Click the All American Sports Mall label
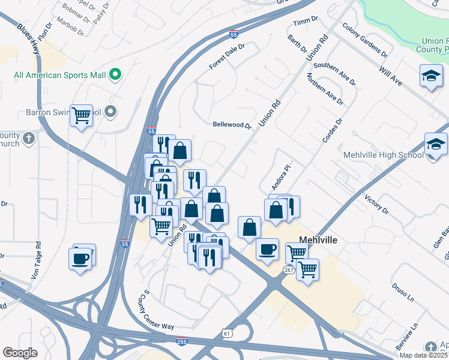pos(59,75)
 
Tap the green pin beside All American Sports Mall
pos(115,75)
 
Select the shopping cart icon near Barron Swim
pos(81,115)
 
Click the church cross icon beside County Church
pos(28,139)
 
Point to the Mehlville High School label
pos(384,155)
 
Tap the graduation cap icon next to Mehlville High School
pos(436,145)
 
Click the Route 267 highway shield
pos(289,271)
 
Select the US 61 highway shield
pos(226,332)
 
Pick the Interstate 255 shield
pos(181,342)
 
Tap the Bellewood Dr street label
pos(232,125)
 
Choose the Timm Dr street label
pos(304,22)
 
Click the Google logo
pos(20,353)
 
